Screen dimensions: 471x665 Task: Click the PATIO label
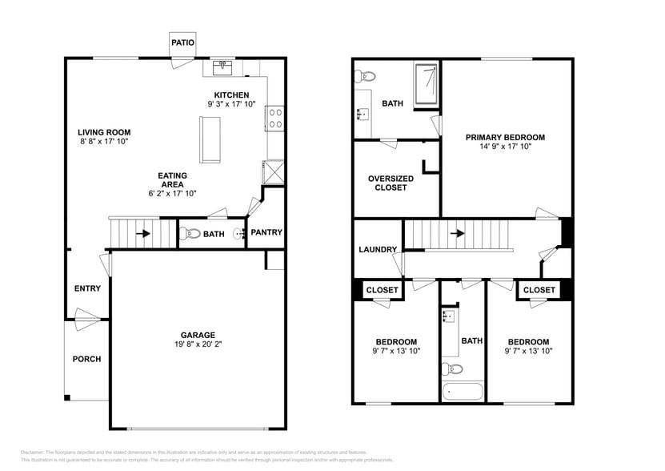pos(182,42)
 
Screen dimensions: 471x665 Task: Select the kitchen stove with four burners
pos(274,119)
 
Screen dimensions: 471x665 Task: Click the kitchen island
pos(211,139)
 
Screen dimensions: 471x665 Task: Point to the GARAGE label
pos(197,335)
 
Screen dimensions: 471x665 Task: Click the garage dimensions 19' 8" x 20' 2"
pos(197,345)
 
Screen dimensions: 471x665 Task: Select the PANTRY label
pos(266,232)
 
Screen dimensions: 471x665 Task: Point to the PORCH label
pos(86,359)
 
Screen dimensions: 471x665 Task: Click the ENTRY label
pos(87,288)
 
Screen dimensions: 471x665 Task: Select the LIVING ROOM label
pos(104,132)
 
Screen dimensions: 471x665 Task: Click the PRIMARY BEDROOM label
pos(505,137)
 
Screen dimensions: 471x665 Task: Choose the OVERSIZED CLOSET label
pos(391,183)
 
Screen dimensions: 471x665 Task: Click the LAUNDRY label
pos(378,249)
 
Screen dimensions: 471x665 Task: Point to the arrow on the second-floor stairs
pos(456,235)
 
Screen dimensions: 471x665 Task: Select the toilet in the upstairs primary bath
pos(367,78)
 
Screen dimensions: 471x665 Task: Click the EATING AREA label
pos(172,180)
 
